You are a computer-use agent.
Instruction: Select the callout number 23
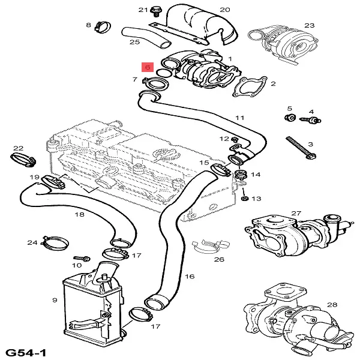(x=310, y=25)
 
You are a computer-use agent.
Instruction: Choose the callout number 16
(x=190, y=277)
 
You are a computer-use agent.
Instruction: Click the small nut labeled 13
(x=245, y=198)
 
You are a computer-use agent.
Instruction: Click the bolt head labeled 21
(x=156, y=10)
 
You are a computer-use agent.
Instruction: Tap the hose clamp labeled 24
(x=54, y=244)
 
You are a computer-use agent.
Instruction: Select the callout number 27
(x=296, y=213)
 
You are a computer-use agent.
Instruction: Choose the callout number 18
(x=79, y=214)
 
